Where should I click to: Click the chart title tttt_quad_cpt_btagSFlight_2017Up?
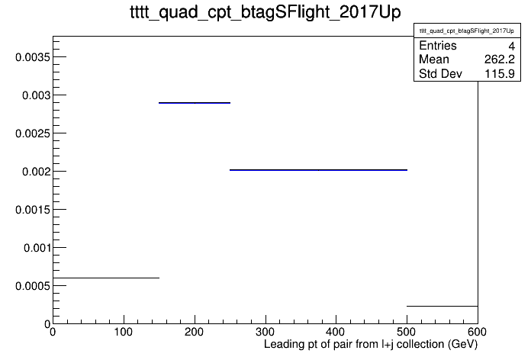265,12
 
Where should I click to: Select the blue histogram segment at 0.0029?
195,103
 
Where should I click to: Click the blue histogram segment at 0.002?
318,169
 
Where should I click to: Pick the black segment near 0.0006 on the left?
106,278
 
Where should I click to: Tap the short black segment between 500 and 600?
443,306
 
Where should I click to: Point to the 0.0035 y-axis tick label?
33,57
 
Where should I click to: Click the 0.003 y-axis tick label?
36,95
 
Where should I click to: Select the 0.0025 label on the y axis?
33,133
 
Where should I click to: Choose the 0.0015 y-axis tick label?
33,210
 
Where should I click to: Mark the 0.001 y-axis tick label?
37,248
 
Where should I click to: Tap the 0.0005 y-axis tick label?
33,286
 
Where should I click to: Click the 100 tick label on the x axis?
124,332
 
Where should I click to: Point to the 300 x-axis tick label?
265,332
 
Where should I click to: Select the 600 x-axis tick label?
477,332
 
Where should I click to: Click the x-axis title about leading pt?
371,345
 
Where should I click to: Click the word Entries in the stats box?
438,45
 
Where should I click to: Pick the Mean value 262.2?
500,59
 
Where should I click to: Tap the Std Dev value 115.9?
500,73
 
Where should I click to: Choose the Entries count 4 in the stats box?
512,46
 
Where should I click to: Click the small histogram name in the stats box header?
467,31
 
